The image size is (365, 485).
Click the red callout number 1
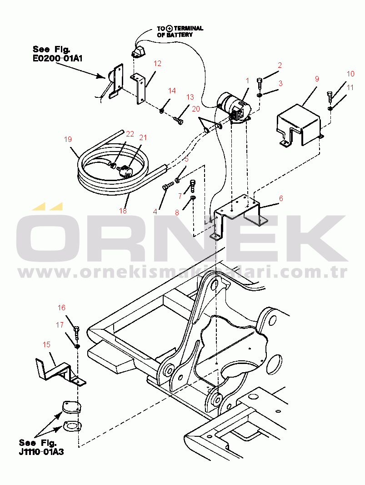[247, 81]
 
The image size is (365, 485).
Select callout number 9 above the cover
[317, 79]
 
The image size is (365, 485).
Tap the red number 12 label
[157, 63]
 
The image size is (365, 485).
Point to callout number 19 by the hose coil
[68, 139]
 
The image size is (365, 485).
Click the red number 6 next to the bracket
[281, 198]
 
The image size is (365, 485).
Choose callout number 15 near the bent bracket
[46, 344]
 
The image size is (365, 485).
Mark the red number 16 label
[61, 308]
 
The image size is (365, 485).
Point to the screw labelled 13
[178, 120]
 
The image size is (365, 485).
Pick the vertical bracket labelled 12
[139, 88]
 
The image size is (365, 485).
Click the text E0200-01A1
[58, 58]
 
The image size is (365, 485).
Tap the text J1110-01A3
[41, 452]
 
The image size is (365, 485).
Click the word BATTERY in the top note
[179, 35]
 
